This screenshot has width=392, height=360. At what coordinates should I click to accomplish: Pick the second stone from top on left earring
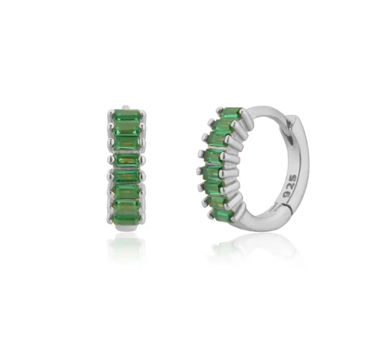coord(127,128)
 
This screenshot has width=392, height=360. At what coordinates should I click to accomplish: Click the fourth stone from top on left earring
coord(127,160)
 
